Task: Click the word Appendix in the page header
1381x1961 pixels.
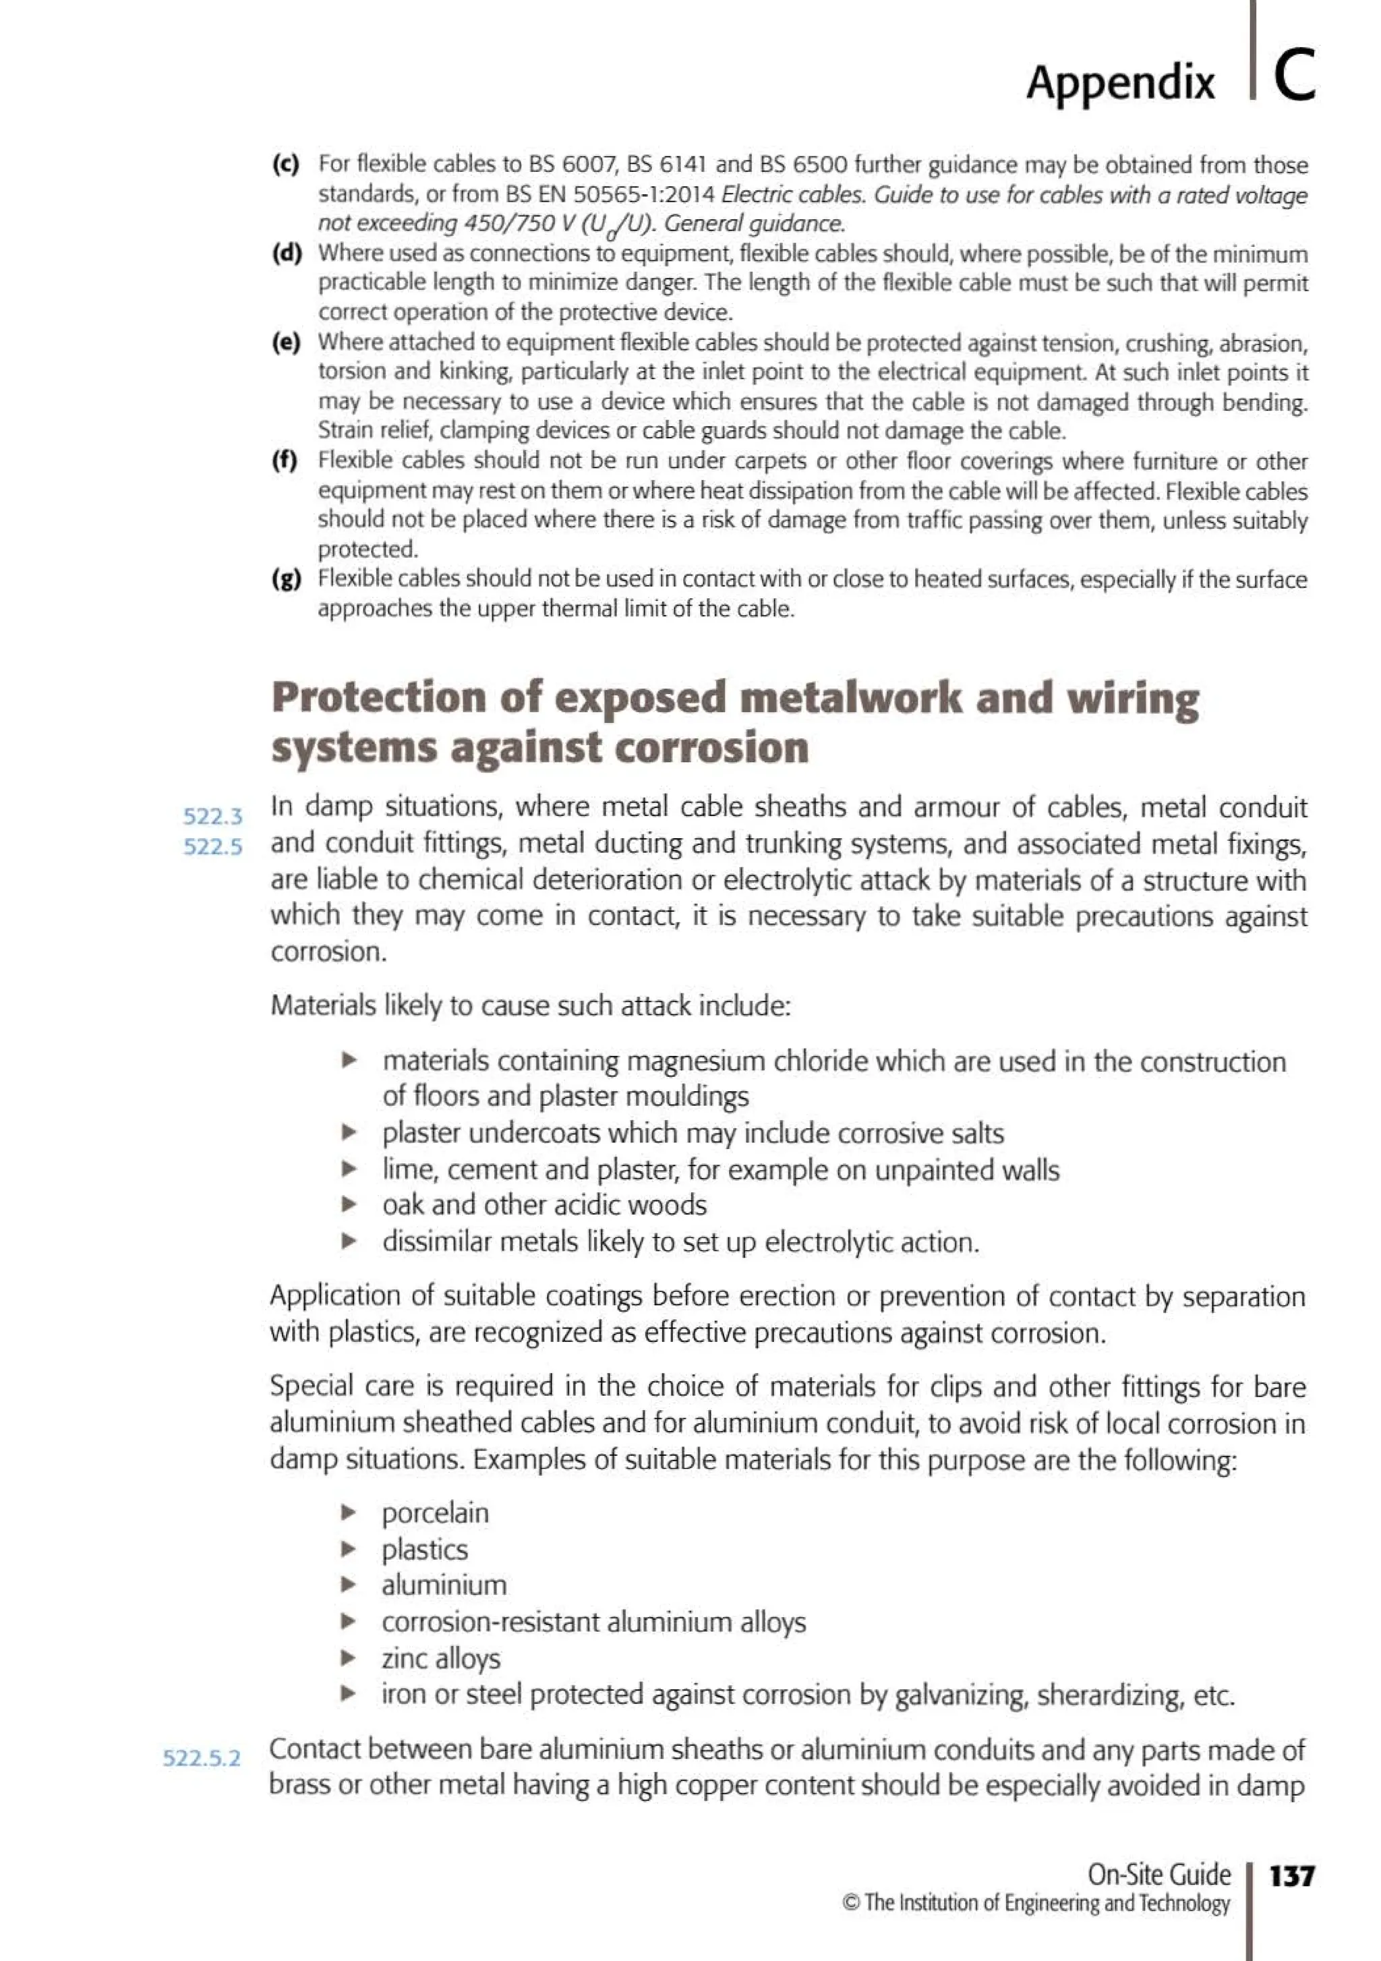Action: (x=1119, y=84)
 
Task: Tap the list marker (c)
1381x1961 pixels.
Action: (x=286, y=164)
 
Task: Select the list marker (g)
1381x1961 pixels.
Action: (x=286, y=579)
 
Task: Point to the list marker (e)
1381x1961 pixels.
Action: (x=286, y=343)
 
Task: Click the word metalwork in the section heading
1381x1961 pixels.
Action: (x=850, y=698)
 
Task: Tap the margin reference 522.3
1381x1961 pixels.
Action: (x=212, y=817)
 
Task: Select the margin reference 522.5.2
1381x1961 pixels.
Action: (x=202, y=1758)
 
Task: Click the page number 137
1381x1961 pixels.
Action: (x=1292, y=1875)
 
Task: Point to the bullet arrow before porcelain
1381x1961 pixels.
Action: (x=349, y=1513)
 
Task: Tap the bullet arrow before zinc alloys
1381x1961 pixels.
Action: (x=349, y=1658)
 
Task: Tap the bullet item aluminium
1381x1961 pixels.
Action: (x=444, y=1585)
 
